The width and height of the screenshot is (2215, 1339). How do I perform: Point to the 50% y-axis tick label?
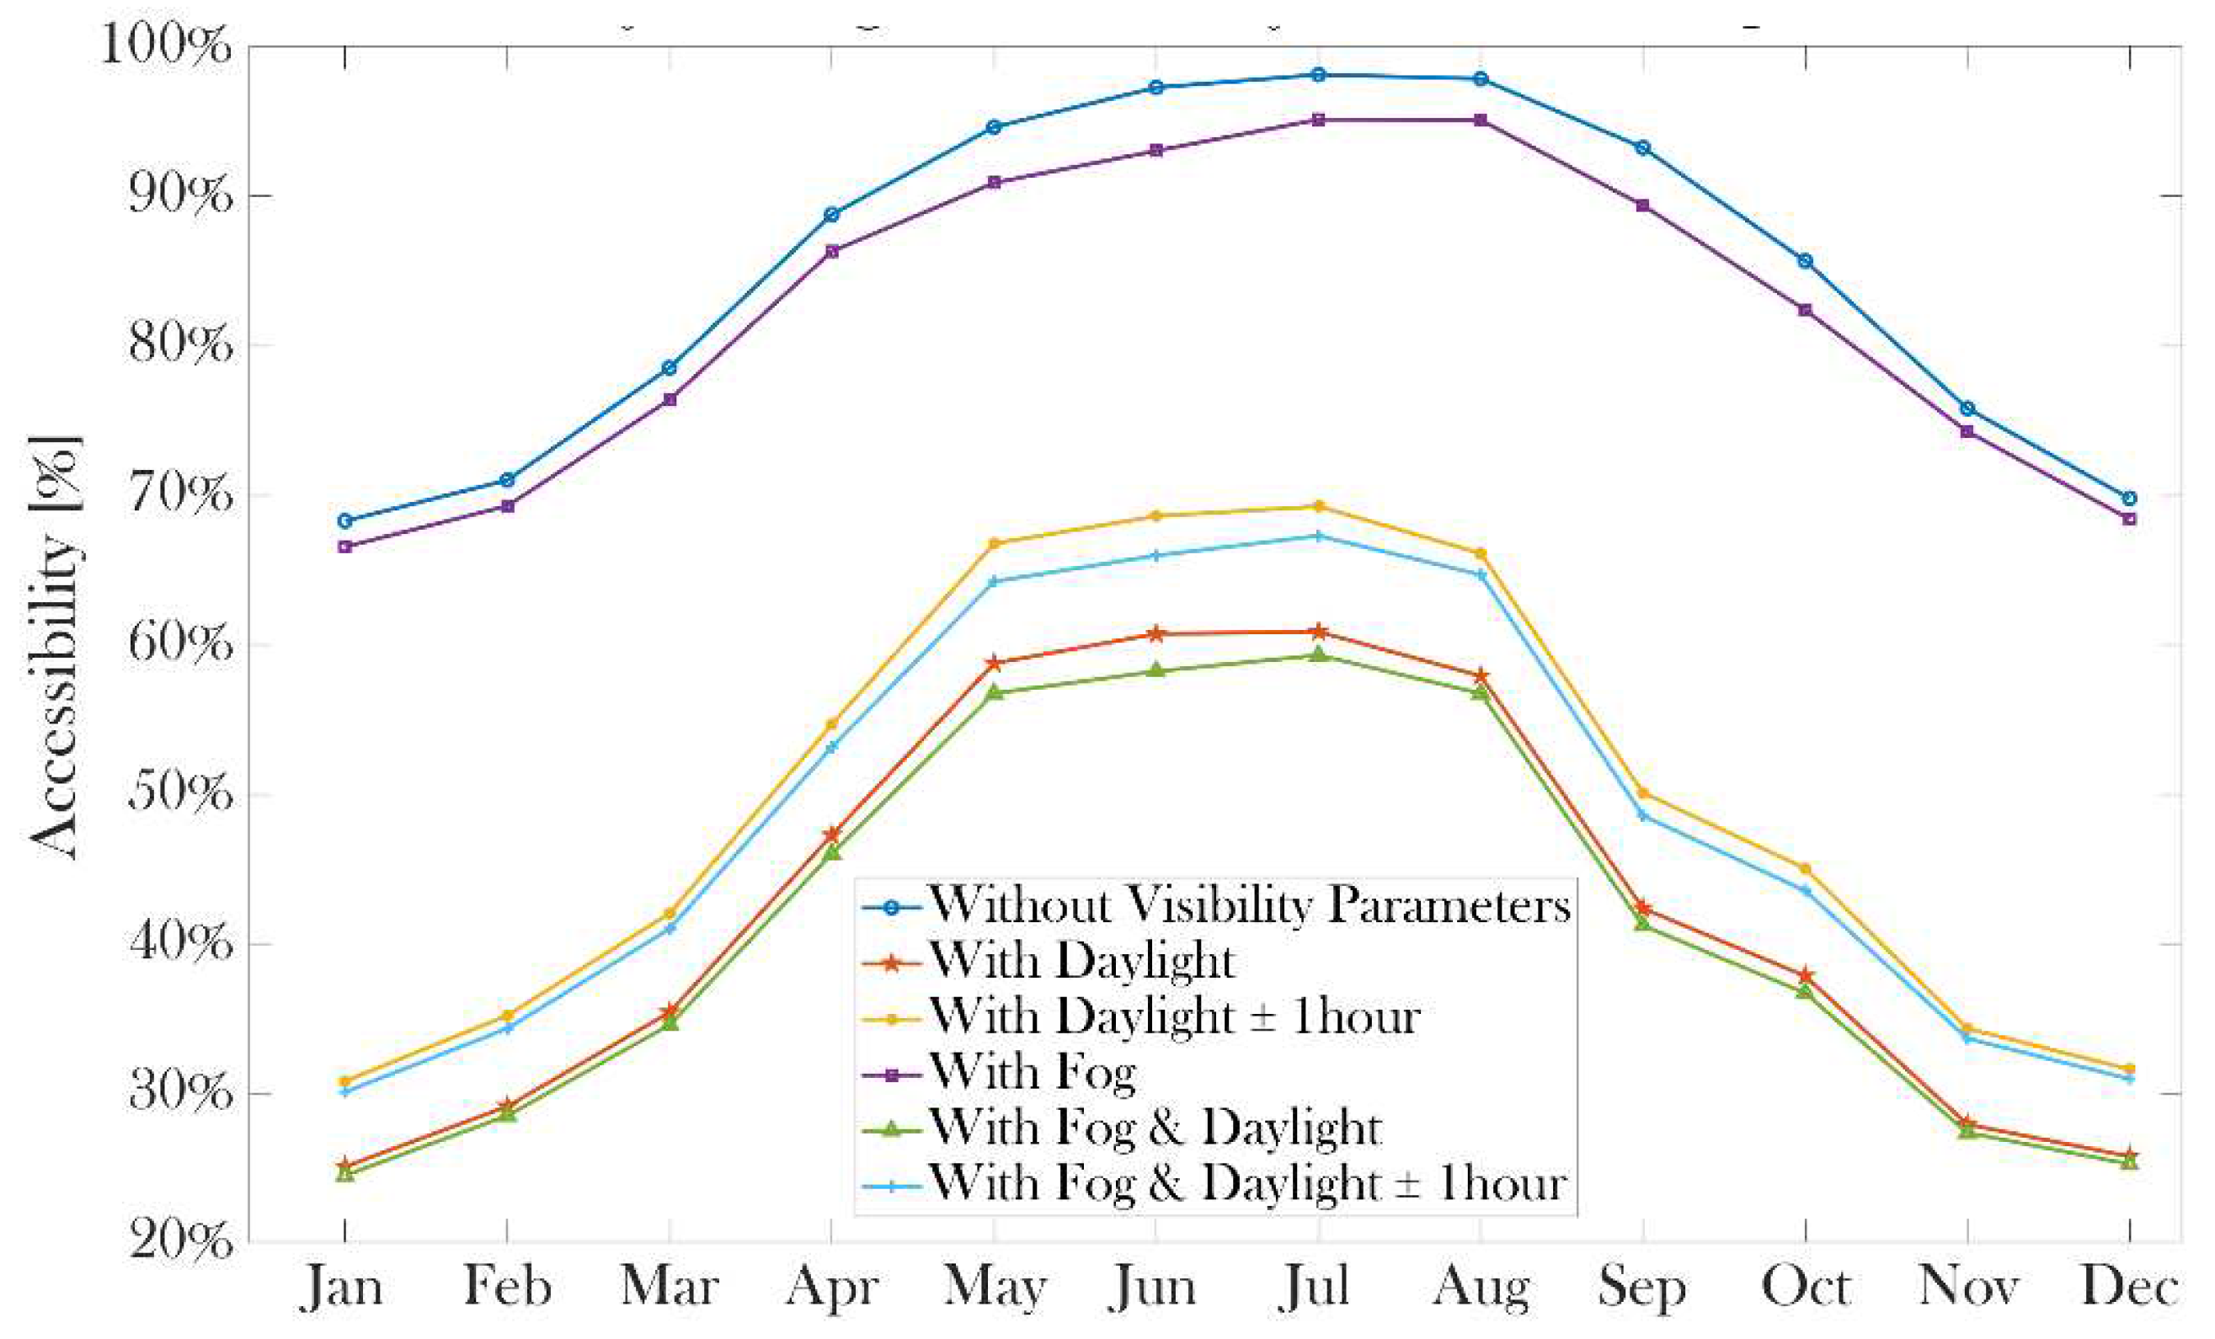click(179, 793)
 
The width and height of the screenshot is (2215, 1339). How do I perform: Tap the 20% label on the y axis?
click(179, 1242)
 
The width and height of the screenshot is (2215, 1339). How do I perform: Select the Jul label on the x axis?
click(1317, 1287)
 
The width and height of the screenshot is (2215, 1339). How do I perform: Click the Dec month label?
click(2129, 1287)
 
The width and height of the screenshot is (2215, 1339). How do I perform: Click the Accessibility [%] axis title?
click(56, 647)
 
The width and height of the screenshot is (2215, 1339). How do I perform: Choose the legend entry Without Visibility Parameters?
click(1250, 905)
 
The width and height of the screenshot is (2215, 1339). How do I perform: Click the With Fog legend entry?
click(1033, 1072)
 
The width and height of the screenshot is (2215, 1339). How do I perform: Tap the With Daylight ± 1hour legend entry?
click(1174, 1016)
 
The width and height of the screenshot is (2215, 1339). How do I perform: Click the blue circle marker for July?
click(1318, 75)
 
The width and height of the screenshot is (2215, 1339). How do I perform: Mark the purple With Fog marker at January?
click(345, 547)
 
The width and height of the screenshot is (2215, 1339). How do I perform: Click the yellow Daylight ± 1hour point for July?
click(1318, 506)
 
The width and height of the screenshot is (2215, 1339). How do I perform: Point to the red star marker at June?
click(1156, 633)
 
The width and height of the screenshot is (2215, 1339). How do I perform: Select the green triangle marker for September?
click(1642, 923)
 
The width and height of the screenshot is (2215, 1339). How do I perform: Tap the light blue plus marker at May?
click(993, 581)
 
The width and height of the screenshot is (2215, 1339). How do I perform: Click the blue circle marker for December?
click(2129, 499)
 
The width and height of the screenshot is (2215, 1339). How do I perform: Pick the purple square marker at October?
click(1804, 310)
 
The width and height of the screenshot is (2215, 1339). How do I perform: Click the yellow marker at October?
click(1804, 869)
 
